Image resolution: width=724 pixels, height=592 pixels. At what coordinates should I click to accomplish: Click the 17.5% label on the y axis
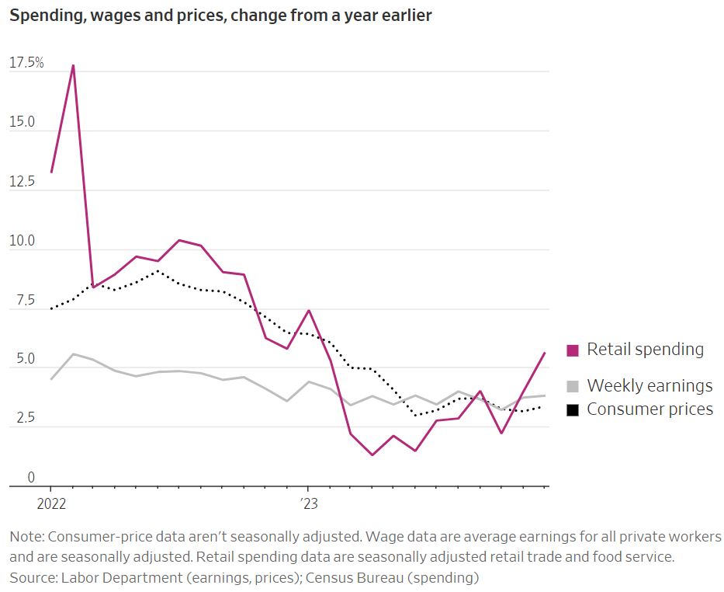tap(26, 63)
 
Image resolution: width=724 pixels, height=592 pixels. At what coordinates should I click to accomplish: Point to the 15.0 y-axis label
tap(22, 122)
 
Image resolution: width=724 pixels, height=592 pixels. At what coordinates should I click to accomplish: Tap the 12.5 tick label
tap(22, 182)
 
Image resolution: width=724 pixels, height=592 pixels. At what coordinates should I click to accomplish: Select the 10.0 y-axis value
tap(22, 242)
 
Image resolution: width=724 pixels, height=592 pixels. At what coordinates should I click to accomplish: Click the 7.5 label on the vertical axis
tap(19, 301)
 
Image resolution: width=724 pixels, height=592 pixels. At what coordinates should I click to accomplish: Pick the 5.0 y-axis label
tap(19, 360)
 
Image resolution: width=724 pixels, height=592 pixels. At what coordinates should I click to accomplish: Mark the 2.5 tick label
tap(19, 419)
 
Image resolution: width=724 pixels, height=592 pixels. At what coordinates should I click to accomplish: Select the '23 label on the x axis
tap(307, 503)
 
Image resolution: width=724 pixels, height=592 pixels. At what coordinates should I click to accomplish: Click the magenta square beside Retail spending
tap(573, 350)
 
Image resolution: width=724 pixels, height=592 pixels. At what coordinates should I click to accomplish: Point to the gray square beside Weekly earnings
tap(573, 386)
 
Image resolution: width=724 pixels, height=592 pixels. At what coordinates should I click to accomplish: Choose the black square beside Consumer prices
tap(573, 409)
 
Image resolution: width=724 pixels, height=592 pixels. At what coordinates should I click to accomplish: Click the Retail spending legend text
tap(645, 350)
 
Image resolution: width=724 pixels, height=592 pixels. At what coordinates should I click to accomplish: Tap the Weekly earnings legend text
tap(650, 385)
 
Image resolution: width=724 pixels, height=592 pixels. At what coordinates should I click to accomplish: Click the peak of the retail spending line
tap(73, 65)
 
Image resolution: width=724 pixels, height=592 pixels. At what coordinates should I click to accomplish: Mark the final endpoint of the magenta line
tap(545, 353)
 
